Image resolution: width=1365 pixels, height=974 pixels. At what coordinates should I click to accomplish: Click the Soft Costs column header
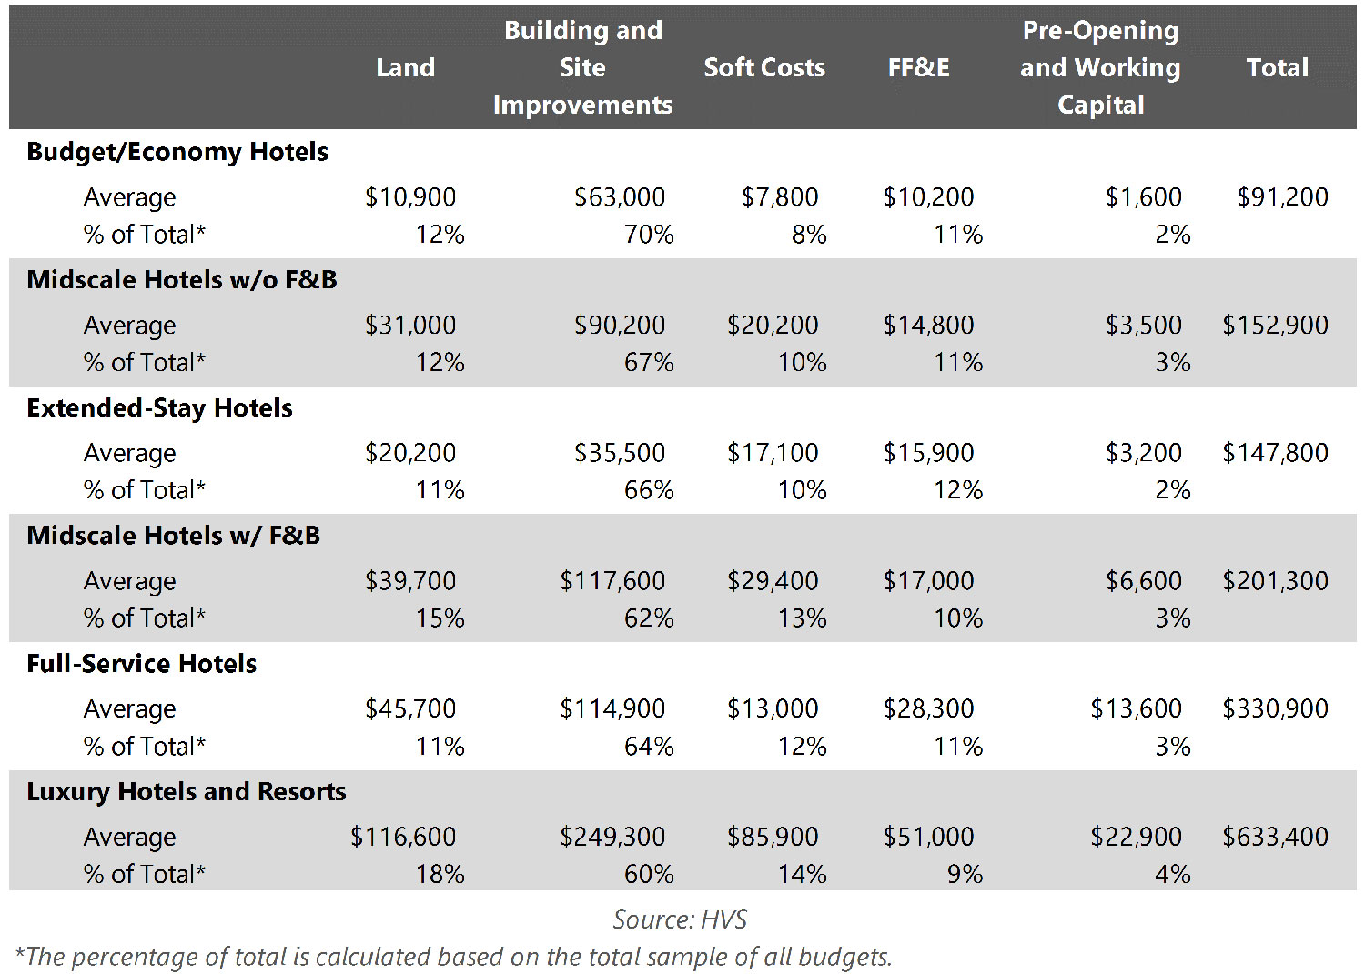764,67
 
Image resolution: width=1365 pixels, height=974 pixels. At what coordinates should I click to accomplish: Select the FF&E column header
918,67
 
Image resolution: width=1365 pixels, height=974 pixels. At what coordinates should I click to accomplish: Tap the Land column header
405,67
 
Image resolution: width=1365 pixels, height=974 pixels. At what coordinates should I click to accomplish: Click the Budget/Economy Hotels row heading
177,152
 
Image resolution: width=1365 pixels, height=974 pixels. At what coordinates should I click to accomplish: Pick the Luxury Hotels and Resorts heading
187,791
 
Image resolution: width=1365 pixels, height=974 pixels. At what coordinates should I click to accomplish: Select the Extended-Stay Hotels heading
160,407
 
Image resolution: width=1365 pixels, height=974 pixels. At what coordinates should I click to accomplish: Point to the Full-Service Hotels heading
142,664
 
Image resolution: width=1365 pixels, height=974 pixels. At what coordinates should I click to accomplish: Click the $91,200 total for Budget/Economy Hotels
1282,197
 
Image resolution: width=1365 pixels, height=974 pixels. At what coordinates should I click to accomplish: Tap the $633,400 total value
1275,837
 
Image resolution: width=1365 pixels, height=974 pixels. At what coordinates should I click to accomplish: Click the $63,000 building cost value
619,197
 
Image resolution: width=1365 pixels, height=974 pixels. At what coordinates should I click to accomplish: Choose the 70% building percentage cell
649,235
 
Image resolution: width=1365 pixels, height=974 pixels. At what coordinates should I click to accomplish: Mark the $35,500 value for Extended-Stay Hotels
619,453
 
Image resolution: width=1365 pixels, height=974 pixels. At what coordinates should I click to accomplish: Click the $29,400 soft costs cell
773,581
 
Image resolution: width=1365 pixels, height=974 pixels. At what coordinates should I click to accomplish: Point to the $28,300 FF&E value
928,708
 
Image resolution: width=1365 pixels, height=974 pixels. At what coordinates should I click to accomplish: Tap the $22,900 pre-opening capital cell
1136,837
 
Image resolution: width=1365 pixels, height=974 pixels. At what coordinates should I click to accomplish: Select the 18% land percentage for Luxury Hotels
440,874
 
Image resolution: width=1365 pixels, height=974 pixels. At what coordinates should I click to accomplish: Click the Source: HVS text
680,919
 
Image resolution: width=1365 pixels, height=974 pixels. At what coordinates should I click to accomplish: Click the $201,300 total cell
1275,581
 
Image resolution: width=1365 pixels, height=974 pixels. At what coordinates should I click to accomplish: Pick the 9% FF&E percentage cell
965,874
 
